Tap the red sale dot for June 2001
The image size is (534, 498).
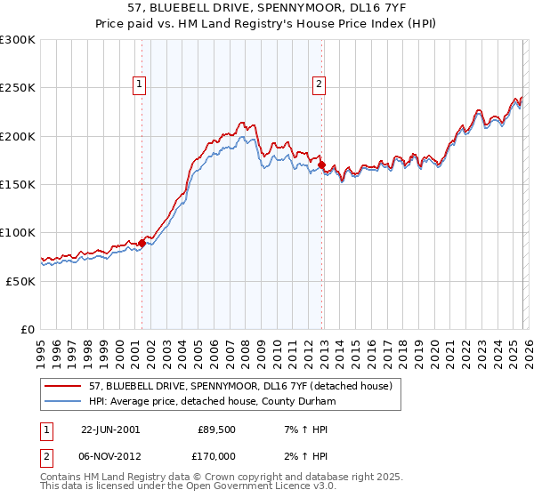(142, 242)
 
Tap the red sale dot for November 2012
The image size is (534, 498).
(321, 165)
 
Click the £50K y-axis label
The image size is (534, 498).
(20, 281)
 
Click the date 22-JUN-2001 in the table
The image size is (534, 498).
(110, 429)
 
